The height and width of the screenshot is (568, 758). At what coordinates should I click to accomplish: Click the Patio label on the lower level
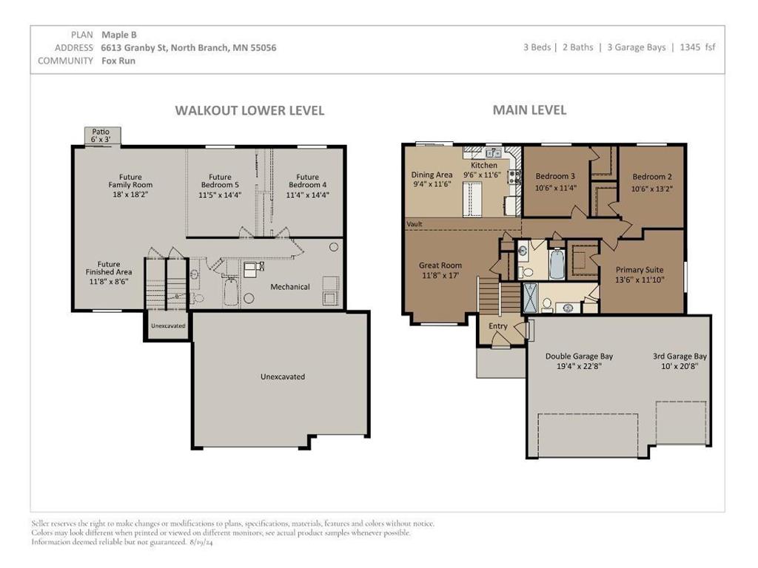[101, 132]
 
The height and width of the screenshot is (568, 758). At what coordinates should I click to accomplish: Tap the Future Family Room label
[130, 180]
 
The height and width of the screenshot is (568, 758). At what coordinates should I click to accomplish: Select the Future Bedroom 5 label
[220, 180]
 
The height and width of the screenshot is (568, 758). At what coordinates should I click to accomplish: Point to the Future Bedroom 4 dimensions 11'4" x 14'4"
[307, 195]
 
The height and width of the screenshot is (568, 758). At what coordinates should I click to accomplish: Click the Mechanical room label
[290, 287]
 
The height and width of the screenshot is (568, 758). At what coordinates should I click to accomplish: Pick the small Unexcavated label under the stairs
[168, 325]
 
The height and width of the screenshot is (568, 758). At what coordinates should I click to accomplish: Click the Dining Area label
[432, 175]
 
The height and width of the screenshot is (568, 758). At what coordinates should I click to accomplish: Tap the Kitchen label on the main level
[484, 165]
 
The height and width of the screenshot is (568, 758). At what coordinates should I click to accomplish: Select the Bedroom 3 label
[555, 176]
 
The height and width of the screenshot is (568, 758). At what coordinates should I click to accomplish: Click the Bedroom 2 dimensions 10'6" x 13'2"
[652, 189]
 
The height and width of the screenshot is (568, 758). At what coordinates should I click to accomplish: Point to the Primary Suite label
[640, 270]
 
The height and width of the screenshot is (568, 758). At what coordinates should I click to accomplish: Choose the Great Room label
[440, 266]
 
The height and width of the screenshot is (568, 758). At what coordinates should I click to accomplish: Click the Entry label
[498, 326]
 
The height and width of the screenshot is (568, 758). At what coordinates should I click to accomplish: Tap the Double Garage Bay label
[579, 356]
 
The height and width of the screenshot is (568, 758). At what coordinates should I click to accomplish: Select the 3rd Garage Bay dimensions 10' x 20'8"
[680, 367]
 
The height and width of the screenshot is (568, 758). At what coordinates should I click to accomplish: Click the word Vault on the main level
[415, 224]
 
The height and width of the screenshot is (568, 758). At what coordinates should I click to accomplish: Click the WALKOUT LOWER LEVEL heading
[249, 111]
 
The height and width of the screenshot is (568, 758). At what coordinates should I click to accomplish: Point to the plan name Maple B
[119, 35]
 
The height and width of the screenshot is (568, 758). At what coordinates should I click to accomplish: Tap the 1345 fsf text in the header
[697, 47]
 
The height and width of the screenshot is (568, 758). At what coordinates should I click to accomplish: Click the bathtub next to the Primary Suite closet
[557, 264]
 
